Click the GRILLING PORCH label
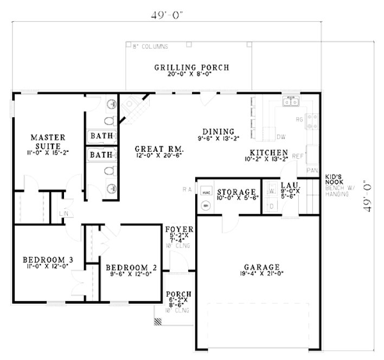191,68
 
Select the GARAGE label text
261,267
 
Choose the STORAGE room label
236,192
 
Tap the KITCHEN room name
268,152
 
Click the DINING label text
218,131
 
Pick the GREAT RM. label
159,148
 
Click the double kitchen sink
290,101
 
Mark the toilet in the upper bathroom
108,121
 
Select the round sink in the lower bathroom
111,188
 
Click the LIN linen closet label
63,214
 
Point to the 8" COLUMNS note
151,47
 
